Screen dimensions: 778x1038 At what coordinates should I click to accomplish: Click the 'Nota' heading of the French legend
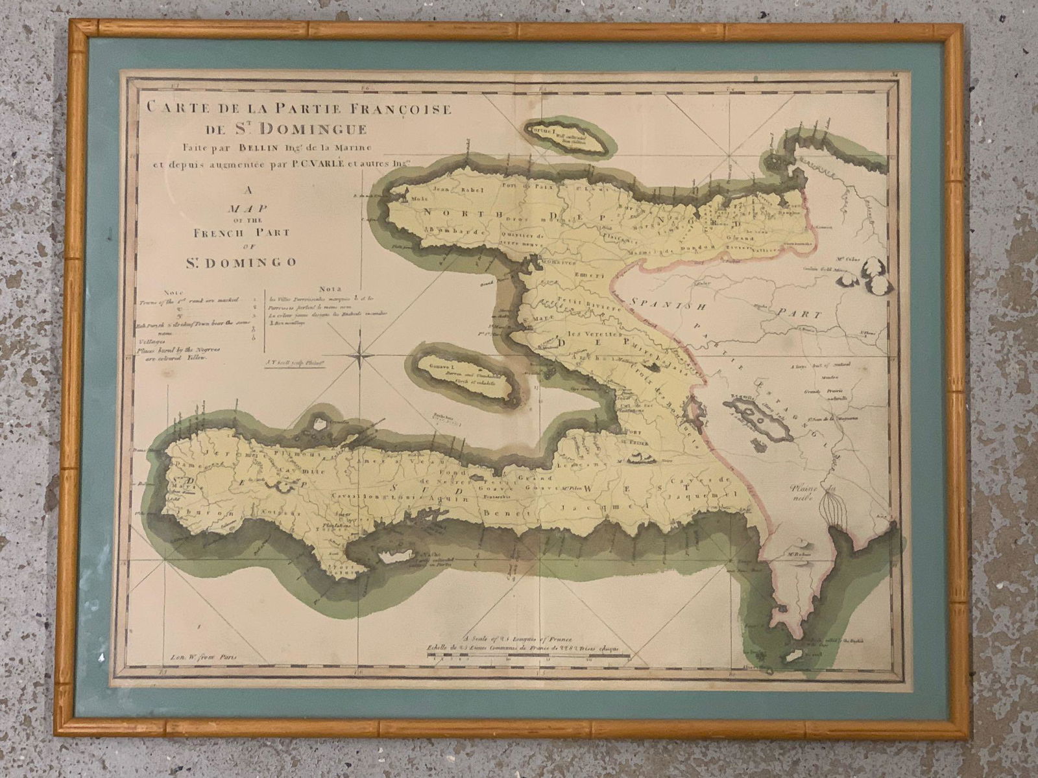[x=330, y=289]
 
